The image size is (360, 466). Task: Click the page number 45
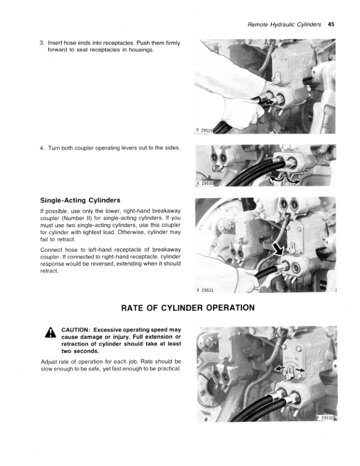(331, 24)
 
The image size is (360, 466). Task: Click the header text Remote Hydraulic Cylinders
(284, 25)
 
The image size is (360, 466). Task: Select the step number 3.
(42, 43)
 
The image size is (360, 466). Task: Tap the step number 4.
(42, 148)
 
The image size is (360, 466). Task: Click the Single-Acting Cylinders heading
(80, 200)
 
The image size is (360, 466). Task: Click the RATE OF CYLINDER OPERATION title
(188, 308)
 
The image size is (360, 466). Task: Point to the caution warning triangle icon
(51, 332)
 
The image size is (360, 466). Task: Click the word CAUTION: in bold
(75, 330)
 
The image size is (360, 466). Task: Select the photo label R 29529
(204, 130)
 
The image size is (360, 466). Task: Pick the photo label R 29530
(205, 184)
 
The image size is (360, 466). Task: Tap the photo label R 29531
(205, 290)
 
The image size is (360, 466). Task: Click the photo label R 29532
(325, 418)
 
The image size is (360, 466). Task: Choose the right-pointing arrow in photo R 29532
(300, 370)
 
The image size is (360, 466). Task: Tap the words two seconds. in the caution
(80, 351)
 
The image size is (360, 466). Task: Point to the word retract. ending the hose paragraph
(49, 271)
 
